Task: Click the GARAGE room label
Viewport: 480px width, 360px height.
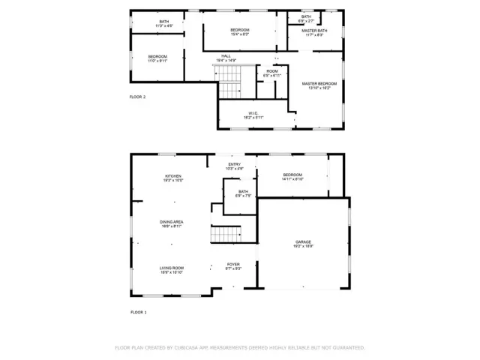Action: tap(303, 241)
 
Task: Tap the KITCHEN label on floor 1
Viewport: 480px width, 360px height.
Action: tap(173, 176)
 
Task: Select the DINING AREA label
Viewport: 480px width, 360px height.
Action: tap(172, 222)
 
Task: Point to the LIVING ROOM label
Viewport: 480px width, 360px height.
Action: tap(172, 268)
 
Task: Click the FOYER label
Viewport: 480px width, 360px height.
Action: tap(234, 265)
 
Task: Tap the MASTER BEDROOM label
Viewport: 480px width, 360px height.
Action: tap(319, 83)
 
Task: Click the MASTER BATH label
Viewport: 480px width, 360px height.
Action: tap(314, 31)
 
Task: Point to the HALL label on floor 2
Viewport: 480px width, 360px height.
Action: tap(226, 55)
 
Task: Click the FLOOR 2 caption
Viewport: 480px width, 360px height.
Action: tap(137, 97)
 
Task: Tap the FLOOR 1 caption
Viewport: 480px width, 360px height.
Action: tap(139, 311)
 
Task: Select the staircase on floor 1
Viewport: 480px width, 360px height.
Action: tap(224, 235)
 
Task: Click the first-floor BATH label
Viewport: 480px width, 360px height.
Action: tap(243, 191)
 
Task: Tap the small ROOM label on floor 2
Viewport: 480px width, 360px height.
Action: tap(271, 71)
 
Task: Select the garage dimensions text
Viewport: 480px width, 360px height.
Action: tap(303, 246)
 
